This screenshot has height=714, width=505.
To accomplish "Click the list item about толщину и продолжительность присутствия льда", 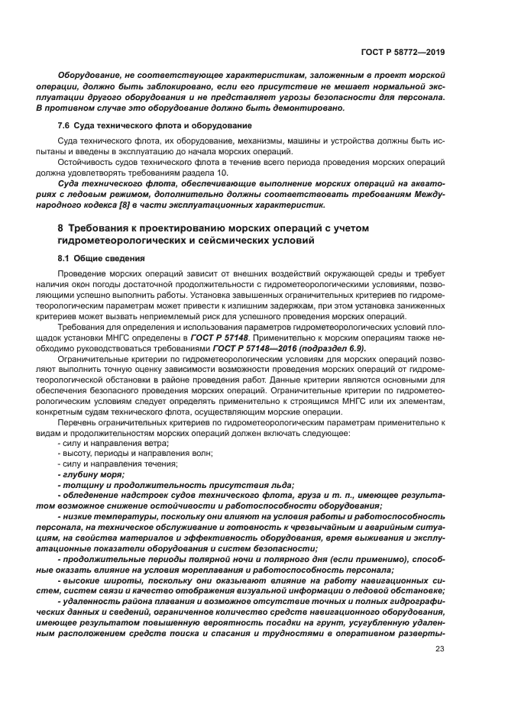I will tap(176, 484).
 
